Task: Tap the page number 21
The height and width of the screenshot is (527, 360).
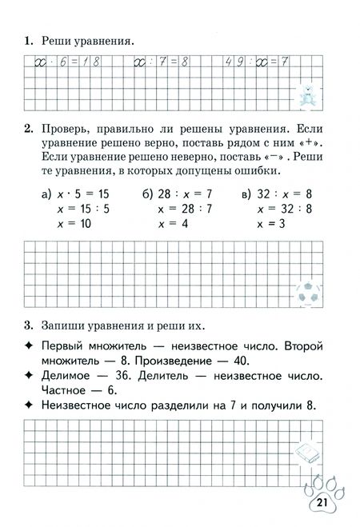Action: (322, 502)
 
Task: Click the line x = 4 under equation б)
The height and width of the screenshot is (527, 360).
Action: (174, 225)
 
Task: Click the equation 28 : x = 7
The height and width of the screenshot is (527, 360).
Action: (177, 194)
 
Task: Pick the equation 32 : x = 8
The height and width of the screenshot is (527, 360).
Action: (276, 194)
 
